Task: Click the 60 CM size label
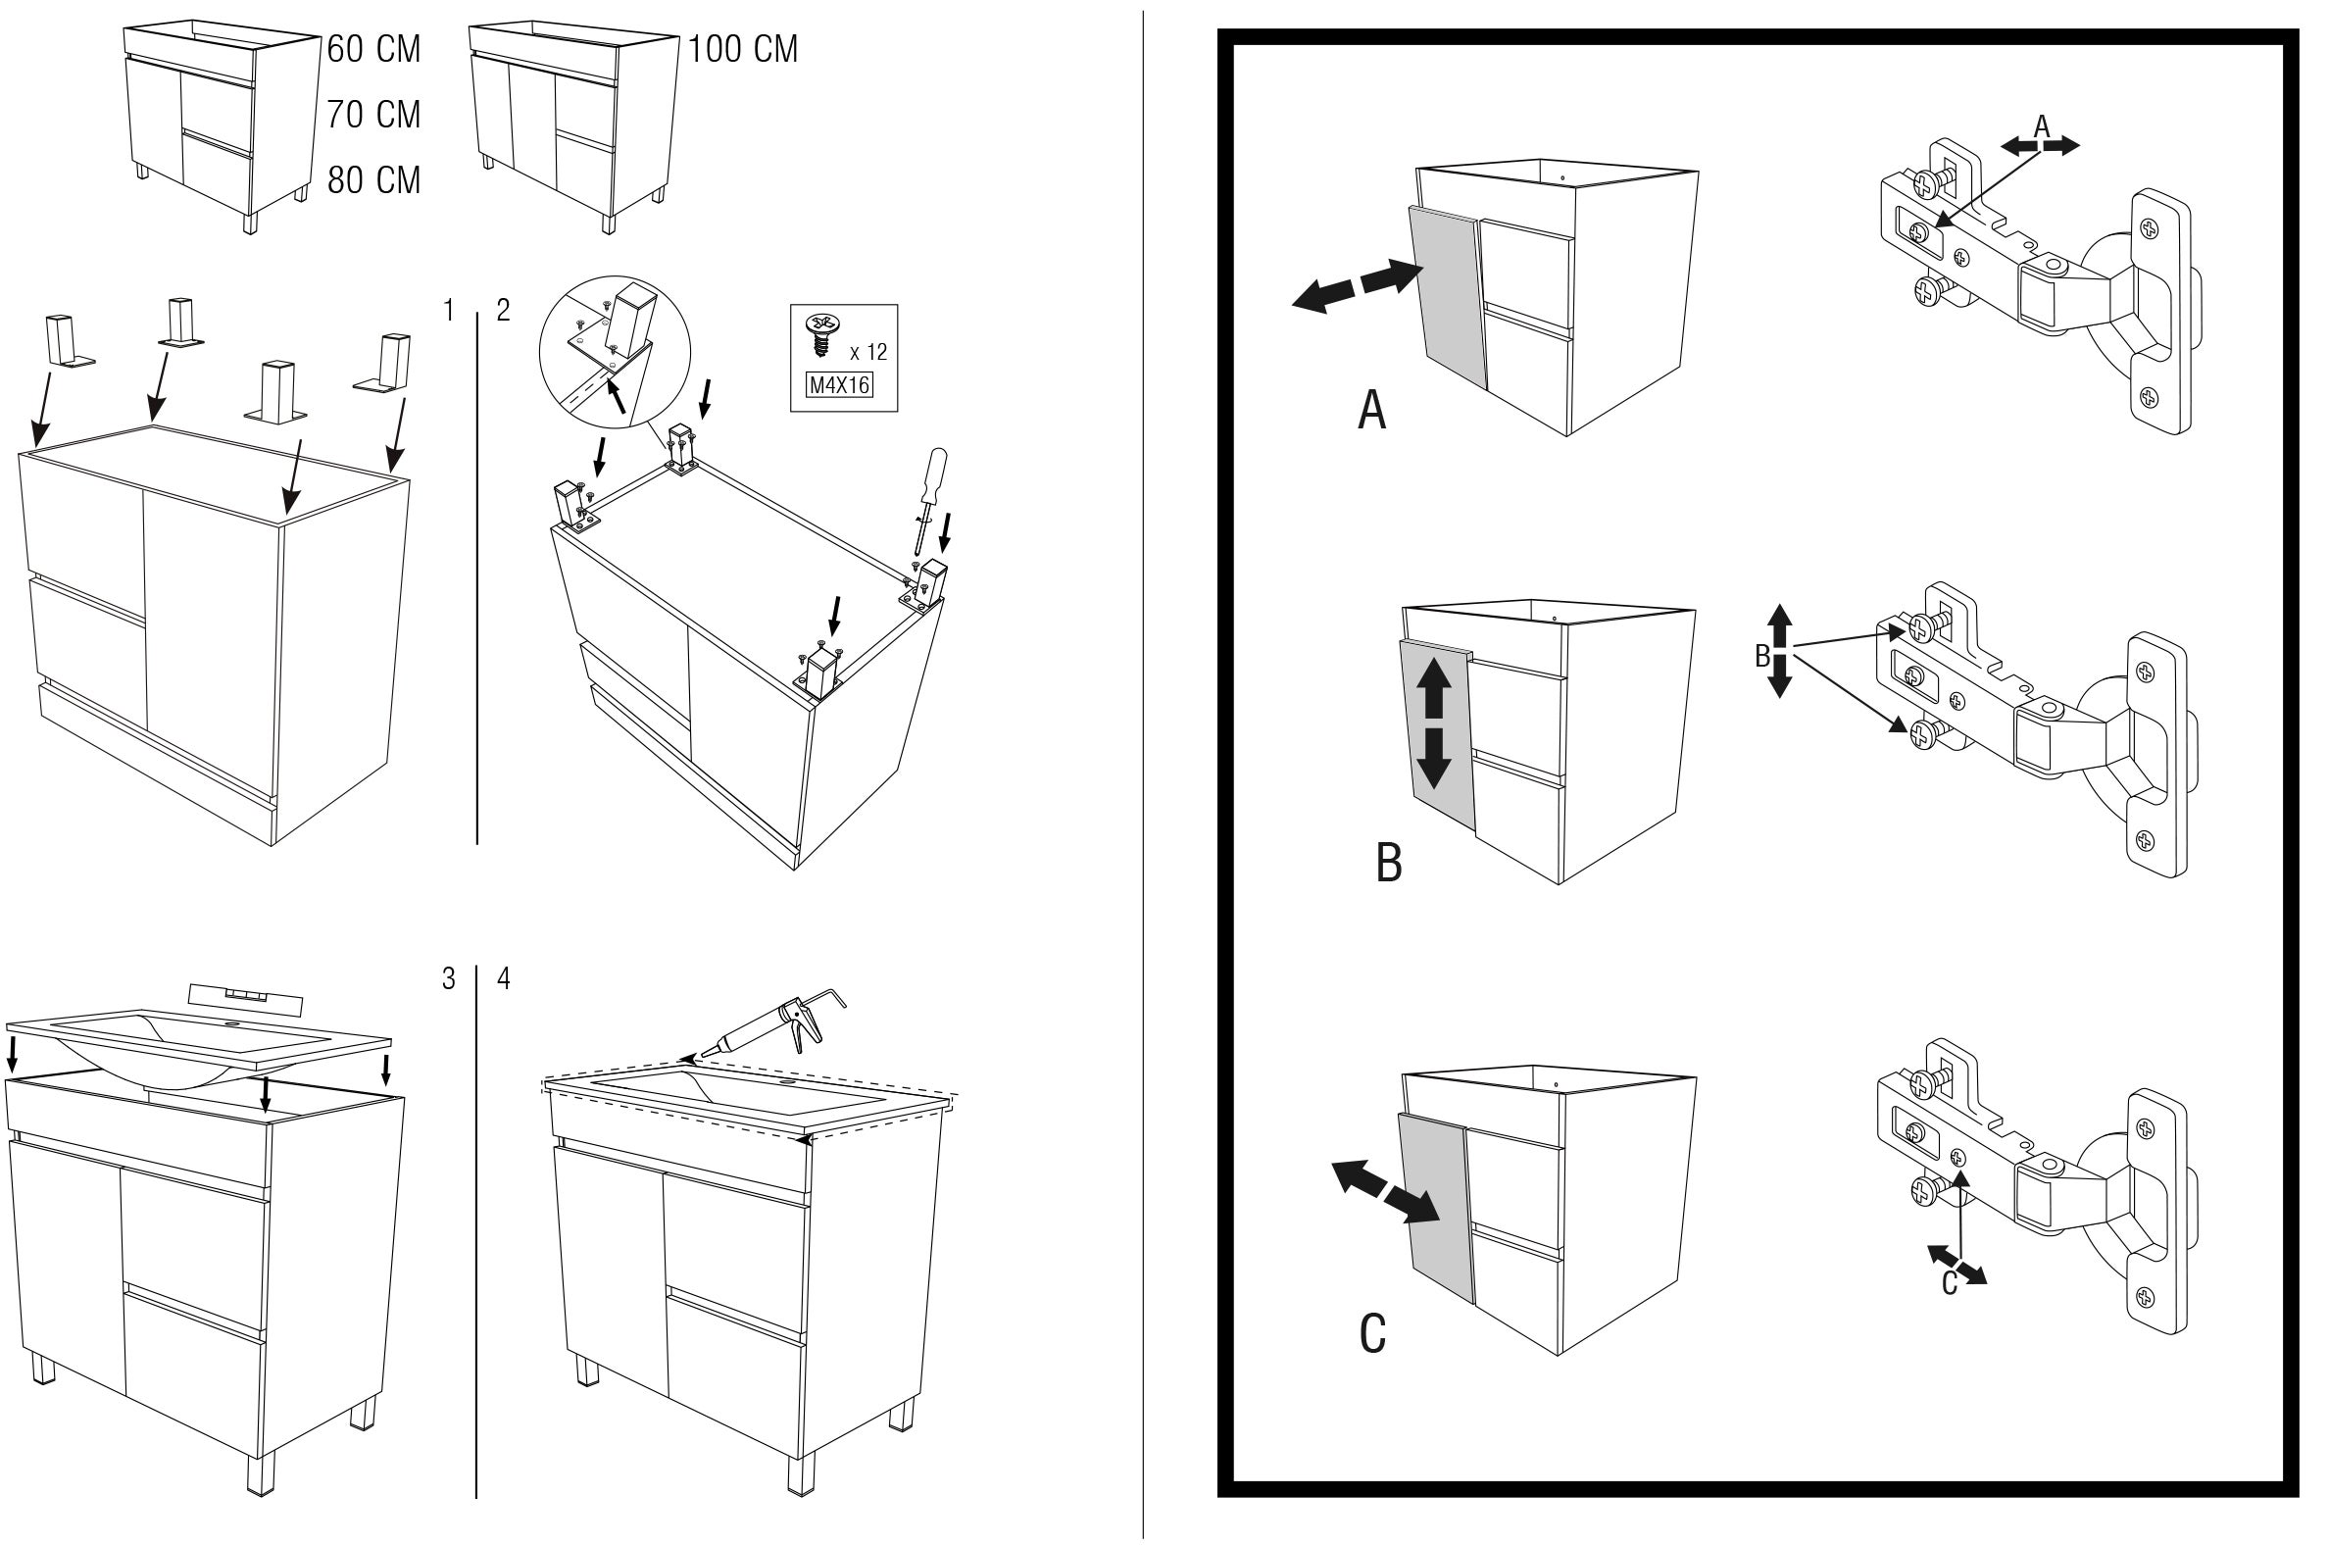point(373,49)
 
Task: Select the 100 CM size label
point(743,49)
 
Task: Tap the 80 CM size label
point(373,180)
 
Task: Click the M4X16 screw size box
point(839,384)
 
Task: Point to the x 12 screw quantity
point(867,352)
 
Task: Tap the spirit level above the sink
point(244,997)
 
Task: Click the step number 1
point(449,311)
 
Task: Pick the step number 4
point(504,978)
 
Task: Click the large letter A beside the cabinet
point(1371,410)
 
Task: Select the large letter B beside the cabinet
point(1388,862)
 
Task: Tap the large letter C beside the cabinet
point(1372,1334)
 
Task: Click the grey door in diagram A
point(1446,297)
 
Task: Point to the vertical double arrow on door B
point(1434,723)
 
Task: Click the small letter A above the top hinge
point(2042,127)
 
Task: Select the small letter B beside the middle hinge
point(1762,655)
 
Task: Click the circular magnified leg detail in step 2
point(615,352)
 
